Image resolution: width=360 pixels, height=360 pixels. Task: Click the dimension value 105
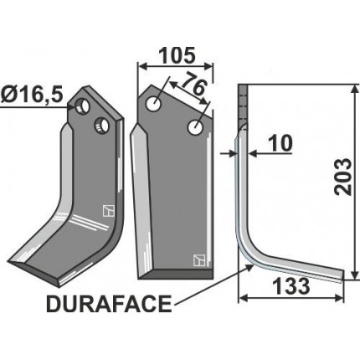(x=177, y=55)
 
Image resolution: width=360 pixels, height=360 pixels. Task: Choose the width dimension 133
(x=291, y=285)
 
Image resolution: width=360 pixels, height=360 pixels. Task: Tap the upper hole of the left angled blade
(x=82, y=107)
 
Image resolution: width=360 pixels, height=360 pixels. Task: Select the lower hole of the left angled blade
(x=101, y=126)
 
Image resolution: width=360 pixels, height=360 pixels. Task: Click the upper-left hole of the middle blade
(x=156, y=104)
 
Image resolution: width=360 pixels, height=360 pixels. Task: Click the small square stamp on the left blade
(x=106, y=210)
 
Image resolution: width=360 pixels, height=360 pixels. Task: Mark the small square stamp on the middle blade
(x=198, y=259)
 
